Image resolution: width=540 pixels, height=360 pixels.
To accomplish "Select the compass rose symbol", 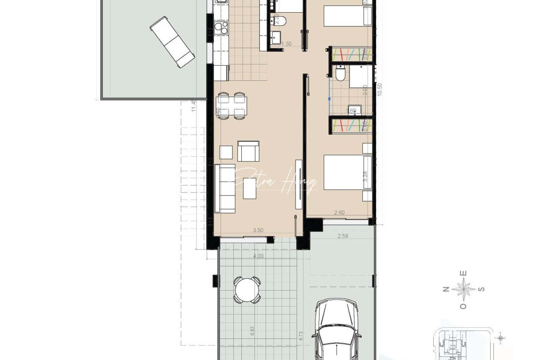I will pos(464,289).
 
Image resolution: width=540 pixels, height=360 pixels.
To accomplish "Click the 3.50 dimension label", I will pos(258,230).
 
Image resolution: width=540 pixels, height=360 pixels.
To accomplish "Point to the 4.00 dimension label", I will pos(258,256).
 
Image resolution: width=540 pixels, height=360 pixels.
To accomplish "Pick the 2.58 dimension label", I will pos(343,236).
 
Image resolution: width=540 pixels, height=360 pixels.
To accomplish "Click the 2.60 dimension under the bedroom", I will pos(339,213).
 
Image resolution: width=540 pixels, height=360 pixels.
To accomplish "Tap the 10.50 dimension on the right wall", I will pos(380,89).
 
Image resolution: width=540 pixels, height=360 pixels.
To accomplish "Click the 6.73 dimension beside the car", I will pos(301,336).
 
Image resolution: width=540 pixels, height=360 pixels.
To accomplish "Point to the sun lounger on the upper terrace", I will pos(172,42).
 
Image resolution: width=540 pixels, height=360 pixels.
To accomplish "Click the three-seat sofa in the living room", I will pos(225,188).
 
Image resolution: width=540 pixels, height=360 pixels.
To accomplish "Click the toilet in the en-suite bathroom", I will pos(340,73).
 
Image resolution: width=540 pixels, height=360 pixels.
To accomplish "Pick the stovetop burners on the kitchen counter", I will pos(221,27).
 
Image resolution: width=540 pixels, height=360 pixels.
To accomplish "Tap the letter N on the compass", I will pos(445,289).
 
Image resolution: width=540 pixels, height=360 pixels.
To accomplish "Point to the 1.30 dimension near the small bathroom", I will pos(286,44).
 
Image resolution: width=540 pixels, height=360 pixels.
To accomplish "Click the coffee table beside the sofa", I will pos(249,188).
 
